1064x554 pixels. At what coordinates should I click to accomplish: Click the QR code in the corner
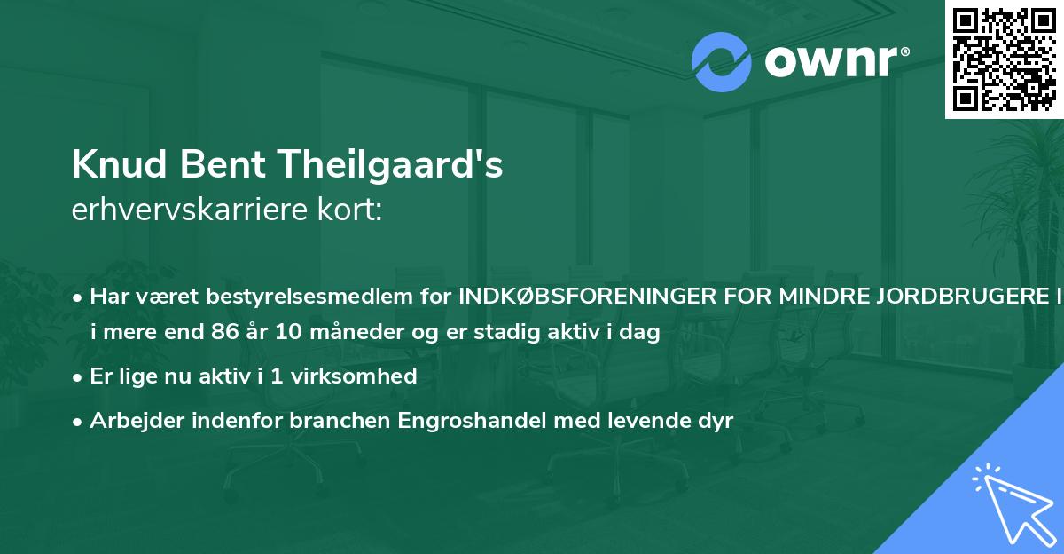point(1004,59)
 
